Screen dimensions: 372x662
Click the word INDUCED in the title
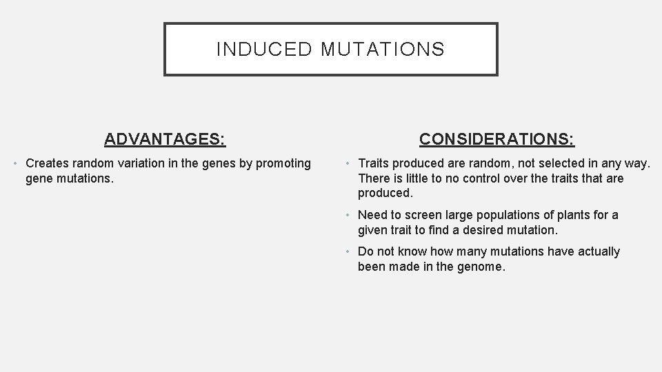click(260, 50)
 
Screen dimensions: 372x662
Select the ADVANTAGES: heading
click(165, 139)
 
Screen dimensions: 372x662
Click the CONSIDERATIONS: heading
click(497, 139)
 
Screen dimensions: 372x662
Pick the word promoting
click(284, 163)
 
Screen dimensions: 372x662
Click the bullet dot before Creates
click(17, 163)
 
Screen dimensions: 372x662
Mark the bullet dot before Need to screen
click(350, 215)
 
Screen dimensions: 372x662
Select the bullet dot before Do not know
click(350, 251)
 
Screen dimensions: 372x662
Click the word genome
click(481, 267)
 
